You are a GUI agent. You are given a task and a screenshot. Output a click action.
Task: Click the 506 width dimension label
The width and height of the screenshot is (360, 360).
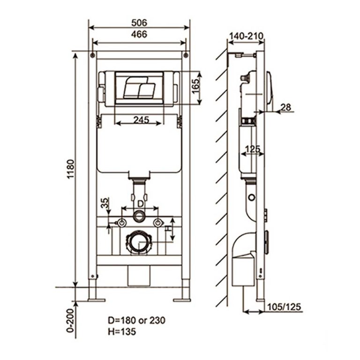tap(139, 22)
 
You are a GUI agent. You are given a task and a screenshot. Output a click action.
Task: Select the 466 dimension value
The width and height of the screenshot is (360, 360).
tap(139, 34)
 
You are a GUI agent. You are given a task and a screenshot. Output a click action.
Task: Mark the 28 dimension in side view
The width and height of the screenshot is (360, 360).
tap(285, 107)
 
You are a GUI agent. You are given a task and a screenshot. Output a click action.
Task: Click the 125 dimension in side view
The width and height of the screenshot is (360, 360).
tap(252, 149)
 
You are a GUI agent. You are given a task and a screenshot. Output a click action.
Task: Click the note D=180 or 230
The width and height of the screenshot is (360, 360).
tap(136, 321)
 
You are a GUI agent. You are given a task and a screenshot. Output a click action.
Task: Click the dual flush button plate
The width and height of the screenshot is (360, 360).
tap(139, 88)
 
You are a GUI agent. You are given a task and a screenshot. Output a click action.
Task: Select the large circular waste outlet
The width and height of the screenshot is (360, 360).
tap(139, 242)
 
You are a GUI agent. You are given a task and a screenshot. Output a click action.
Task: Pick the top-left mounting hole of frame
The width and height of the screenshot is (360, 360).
tap(93, 56)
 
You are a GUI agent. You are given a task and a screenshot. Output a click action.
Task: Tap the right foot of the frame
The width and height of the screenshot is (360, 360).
tap(181, 299)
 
